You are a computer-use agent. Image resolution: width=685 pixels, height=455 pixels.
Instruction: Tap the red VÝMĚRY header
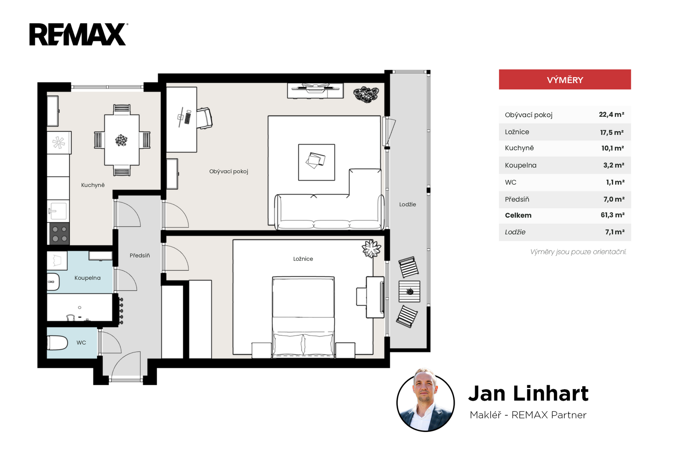click(565, 80)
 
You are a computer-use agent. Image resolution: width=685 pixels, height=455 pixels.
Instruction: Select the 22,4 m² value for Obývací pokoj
click(611, 115)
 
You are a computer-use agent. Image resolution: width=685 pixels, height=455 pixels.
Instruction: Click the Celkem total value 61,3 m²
click(612, 215)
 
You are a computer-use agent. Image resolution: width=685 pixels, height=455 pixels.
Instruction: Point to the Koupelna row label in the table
click(521, 165)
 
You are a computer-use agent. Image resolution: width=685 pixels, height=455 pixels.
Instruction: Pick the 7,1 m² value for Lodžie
click(615, 232)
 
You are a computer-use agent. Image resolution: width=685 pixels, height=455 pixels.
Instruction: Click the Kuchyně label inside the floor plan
click(92, 185)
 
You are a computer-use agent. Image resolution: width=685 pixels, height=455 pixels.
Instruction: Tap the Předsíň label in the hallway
click(140, 255)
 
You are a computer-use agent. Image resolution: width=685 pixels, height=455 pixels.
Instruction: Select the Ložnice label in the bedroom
click(303, 259)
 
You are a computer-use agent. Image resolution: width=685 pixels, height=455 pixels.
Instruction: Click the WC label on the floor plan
click(81, 343)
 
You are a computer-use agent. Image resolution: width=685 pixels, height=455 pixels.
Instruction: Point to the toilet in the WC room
click(57, 343)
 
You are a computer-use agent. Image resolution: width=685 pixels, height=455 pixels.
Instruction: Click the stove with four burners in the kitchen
click(60, 233)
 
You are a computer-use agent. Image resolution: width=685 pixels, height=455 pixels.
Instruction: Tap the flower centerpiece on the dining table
click(122, 140)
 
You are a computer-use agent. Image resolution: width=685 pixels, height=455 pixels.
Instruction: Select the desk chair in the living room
click(204, 118)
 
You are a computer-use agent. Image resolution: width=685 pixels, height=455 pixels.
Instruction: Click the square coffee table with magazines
click(316, 162)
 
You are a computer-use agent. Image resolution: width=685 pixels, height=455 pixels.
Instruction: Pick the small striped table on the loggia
click(409, 292)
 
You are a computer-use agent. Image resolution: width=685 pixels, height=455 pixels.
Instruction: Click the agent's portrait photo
click(426, 401)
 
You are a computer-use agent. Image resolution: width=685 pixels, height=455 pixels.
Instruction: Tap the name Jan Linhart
click(528, 393)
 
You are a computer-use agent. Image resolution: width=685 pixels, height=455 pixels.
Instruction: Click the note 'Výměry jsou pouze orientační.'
click(578, 252)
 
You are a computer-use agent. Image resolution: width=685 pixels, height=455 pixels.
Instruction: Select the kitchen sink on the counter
click(57, 211)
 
